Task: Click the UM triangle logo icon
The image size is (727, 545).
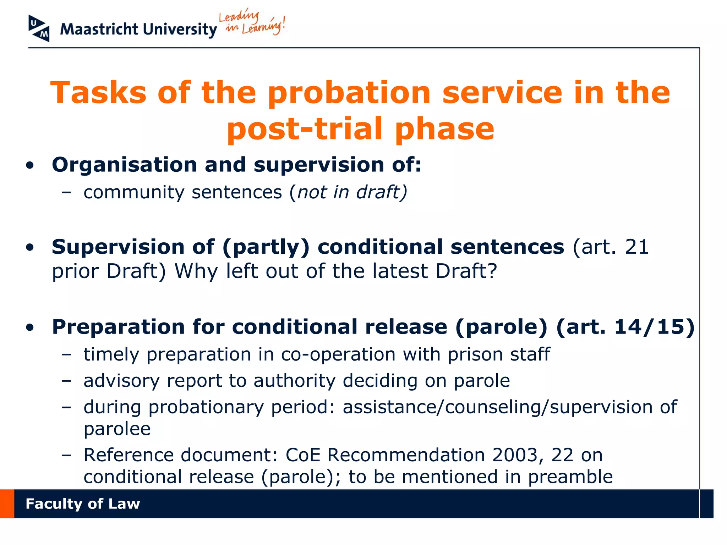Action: pos(39,28)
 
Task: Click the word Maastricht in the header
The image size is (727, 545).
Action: pos(99,29)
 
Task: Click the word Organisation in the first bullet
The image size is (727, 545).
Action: pos(124,165)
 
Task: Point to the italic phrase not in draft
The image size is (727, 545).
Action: pos(351,192)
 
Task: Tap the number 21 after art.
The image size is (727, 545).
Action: pos(637,247)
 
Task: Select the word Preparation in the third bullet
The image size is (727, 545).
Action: pos(118,327)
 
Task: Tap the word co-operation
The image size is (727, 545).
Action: pos(338,354)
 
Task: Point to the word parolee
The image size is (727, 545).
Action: pos(117,429)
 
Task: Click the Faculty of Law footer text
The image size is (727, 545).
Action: pos(83,504)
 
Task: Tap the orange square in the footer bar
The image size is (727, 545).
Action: pos(7,504)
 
